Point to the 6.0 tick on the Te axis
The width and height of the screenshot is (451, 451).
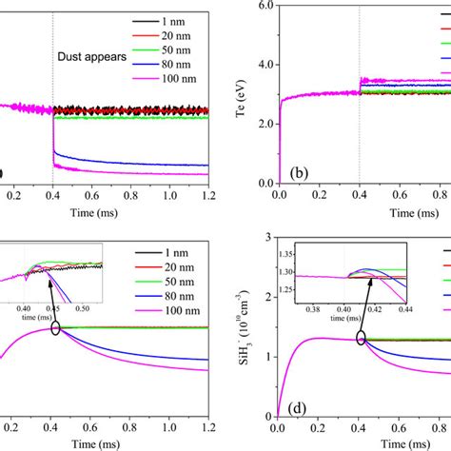coord(263,6)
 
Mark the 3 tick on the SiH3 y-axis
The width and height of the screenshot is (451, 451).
coord(269,236)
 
